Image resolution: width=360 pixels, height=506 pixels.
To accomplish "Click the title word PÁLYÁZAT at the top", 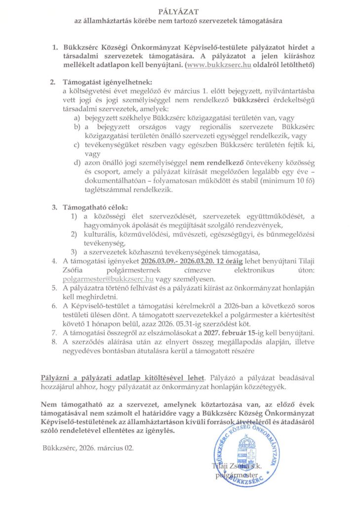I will (179, 11).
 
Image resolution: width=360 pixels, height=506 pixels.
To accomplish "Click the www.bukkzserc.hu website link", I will (215, 65).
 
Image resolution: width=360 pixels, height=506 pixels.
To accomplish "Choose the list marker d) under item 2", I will (77, 163).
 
